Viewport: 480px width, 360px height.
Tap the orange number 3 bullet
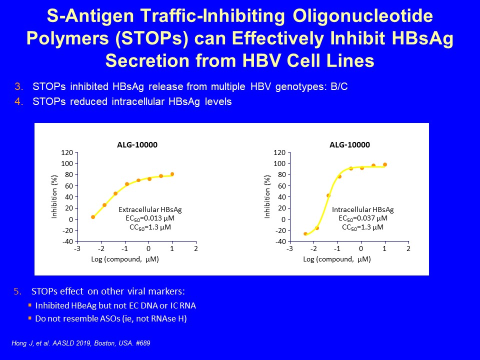pos(18,86)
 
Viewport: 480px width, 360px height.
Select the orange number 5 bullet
pos(17,291)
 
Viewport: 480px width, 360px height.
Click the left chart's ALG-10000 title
pos(137,145)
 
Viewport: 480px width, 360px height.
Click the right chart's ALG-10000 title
pos(349,145)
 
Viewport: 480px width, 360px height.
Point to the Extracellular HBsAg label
pos(150,209)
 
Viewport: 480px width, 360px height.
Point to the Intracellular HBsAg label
pos(363,209)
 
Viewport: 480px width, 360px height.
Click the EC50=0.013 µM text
pos(150,218)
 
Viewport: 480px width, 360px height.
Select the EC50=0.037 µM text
pos(363,218)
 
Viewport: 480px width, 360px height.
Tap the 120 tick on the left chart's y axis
pos(67,152)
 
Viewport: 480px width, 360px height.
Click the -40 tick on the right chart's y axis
pos(280,241)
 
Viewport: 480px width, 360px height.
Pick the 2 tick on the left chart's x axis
pos(196,248)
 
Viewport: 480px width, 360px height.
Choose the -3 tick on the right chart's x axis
pos(289,248)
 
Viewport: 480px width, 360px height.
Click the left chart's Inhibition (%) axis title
pos(54,197)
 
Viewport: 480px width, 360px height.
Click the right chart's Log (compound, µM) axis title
pos(336,259)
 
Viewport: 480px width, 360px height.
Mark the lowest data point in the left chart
pos(93,217)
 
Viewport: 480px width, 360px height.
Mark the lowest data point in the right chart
pos(305,234)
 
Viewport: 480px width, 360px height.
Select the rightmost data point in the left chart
pos(172,174)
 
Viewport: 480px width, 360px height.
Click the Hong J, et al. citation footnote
pos(81,343)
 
